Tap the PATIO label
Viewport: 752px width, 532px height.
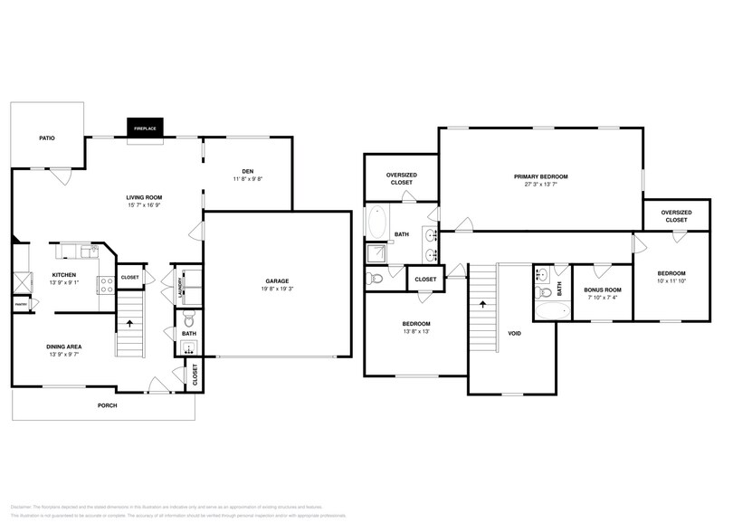click(47, 138)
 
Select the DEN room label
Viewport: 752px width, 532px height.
click(247, 171)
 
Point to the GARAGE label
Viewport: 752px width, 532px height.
click(277, 281)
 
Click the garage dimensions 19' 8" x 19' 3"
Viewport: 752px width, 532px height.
click(277, 290)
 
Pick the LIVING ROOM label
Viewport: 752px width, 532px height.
click(143, 197)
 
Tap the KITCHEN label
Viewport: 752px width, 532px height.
click(63, 274)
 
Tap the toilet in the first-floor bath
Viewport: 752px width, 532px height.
click(188, 318)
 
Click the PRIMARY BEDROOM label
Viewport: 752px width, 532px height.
click(540, 176)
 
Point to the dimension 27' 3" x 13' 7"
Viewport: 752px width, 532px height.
click(540, 185)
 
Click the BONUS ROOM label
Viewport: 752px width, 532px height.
click(602, 290)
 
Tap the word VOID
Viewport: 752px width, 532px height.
click(514, 334)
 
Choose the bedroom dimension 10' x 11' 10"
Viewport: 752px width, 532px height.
click(671, 281)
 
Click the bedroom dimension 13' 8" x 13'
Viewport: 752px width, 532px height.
click(416, 331)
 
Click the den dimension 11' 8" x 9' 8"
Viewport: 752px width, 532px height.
click(247, 179)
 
